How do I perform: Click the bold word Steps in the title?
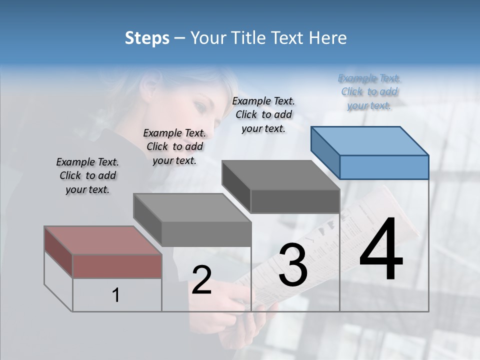[x=147, y=38]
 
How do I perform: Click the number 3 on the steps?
[x=293, y=265]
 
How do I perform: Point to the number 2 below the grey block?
[x=201, y=280]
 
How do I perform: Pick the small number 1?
[x=116, y=295]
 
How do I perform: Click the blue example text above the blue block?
[x=369, y=91]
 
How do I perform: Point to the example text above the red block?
[x=87, y=175]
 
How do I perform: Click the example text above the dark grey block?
[x=263, y=114]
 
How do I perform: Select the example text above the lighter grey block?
[x=174, y=146]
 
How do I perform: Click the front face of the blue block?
[x=384, y=167]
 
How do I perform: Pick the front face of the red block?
[x=117, y=266]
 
